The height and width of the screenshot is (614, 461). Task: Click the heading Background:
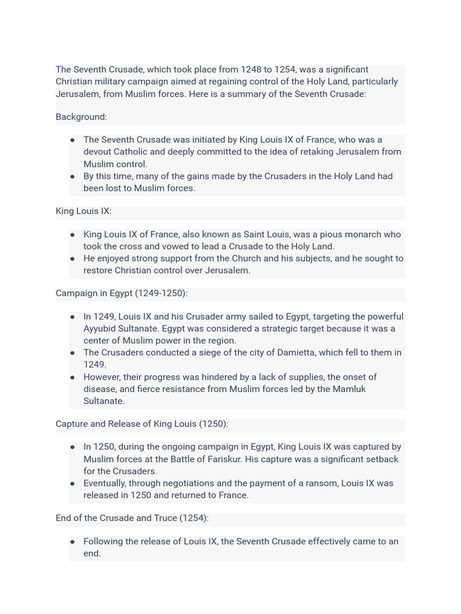[81, 117]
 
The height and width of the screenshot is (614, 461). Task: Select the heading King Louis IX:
[83, 211]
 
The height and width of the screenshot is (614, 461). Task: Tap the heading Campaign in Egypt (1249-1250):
[121, 293]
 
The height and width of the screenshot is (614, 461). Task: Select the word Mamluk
[348, 389]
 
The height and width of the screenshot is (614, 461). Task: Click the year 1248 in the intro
[252, 70]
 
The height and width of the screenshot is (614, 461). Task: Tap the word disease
[100, 389]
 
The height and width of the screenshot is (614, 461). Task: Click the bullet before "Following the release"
[73, 541]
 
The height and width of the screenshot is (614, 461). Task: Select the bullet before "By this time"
[73, 176]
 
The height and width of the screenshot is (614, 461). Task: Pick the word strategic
[291, 329]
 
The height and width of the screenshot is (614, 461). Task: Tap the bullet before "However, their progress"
[73, 377]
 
